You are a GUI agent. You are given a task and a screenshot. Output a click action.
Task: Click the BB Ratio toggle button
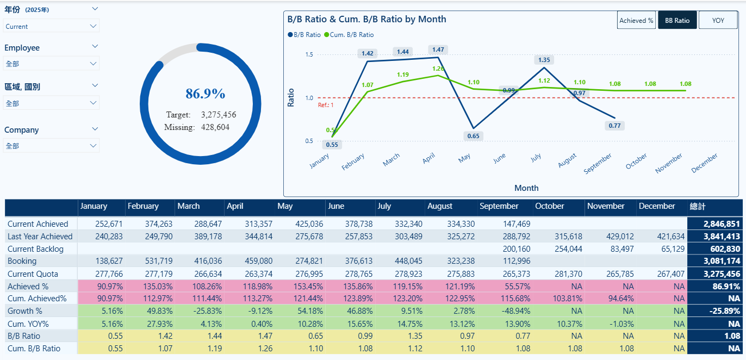[x=677, y=20]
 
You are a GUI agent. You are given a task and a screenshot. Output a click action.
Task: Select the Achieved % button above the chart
[x=636, y=20]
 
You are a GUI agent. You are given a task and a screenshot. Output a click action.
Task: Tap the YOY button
[x=718, y=20]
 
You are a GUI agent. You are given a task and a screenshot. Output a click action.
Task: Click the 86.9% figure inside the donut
[x=205, y=94]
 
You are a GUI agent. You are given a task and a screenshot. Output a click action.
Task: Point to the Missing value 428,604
[x=215, y=127]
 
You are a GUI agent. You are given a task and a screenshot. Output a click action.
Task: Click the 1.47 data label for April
[x=438, y=49]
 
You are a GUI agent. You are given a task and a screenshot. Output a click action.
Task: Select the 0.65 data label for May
[x=473, y=136]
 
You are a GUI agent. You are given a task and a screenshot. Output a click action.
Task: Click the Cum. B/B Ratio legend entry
[x=349, y=35]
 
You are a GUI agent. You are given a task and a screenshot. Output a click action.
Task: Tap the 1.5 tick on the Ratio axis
[x=309, y=54]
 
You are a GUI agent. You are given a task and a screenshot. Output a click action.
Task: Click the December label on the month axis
[x=704, y=163]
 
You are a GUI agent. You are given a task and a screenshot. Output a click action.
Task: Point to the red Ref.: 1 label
[x=325, y=105]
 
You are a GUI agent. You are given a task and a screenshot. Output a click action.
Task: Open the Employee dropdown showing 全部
[x=51, y=64]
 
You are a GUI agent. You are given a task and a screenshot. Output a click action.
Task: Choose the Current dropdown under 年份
[x=51, y=26]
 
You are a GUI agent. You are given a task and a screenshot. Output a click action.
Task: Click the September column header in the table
[x=499, y=206]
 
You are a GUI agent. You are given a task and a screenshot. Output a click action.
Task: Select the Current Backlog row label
[x=35, y=249]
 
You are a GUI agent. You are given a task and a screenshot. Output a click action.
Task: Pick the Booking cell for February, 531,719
[x=159, y=261]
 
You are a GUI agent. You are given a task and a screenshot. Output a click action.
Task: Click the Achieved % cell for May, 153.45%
[x=308, y=287]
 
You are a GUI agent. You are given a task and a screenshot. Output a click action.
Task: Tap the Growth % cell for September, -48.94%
[x=515, y=311]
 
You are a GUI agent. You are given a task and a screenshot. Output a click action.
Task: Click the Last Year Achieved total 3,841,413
[x=722, y=237]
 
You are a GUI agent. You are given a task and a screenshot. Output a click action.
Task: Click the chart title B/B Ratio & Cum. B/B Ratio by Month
[x=366, y=20]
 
